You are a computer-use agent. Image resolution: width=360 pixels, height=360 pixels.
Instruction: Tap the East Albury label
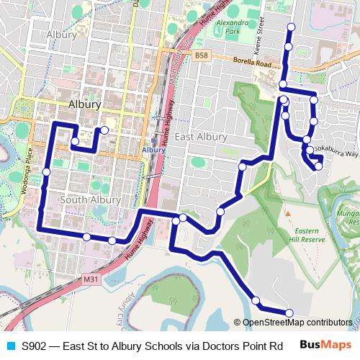pyautogui.click(x=201, y=137)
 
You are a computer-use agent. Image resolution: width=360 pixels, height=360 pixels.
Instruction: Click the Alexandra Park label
pyautogui.click(x=221, y=27)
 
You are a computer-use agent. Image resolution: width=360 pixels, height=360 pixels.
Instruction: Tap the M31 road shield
pyautogui.click(x=91, y=279)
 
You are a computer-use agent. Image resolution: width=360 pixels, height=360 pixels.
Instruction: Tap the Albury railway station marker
pyautogui.click(x=155, y=141)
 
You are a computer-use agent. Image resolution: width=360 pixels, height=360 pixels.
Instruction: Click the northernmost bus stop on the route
pyautogui.click(x=291, y=27)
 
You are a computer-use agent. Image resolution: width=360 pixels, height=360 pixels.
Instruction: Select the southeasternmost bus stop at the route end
pyautogui.click(x=289, y=312)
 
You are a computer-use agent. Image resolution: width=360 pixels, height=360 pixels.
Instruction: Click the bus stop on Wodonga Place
pyautogui.click(x=46, y=171)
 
